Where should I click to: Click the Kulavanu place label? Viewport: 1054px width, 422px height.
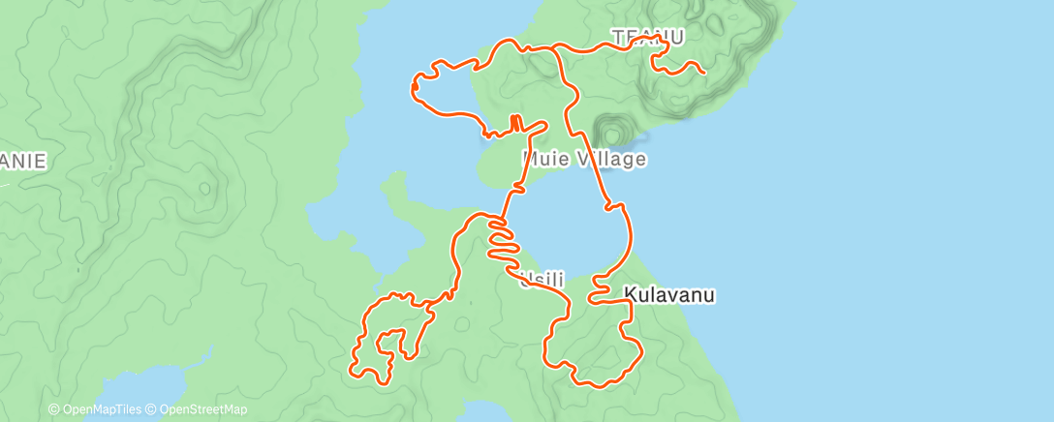(x=669, y=295)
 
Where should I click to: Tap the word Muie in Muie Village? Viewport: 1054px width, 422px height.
(x=545, y=158)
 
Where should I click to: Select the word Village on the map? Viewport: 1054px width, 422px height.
(x=610, y=158)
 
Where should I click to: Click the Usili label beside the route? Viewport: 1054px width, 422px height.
(x=542, y=281)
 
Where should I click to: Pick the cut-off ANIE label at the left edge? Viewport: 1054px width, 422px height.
(x=23, y=162)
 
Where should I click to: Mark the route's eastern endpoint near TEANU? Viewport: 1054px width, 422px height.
(x=702, y=72)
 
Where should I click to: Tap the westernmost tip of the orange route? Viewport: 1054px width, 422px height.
(x=413, y=88)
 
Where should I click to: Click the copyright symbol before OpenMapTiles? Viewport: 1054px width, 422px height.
(x=53, y=410)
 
